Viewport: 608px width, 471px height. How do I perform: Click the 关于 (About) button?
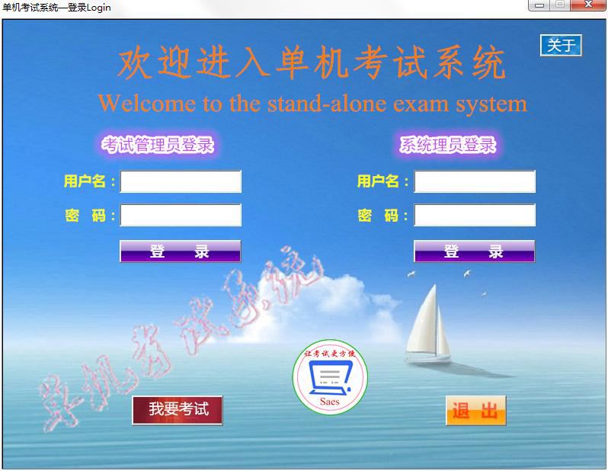point(561,46)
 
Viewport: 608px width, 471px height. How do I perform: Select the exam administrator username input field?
point(181,181)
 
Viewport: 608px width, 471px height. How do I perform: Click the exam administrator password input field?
point(181,215)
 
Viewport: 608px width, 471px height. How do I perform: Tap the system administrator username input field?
point(474,181)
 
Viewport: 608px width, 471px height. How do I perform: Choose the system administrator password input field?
point(474,215)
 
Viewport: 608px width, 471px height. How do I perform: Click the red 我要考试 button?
point(178,409)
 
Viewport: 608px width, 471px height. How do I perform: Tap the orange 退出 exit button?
point(475,412)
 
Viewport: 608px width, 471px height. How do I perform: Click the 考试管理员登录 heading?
point(158,145)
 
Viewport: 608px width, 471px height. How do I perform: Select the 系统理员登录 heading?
point(447,145)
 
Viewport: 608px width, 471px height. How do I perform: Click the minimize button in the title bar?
point(540,5)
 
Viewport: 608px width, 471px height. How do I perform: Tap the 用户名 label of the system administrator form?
point(379,181)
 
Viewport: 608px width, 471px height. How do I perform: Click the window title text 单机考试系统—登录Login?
point(56,8)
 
